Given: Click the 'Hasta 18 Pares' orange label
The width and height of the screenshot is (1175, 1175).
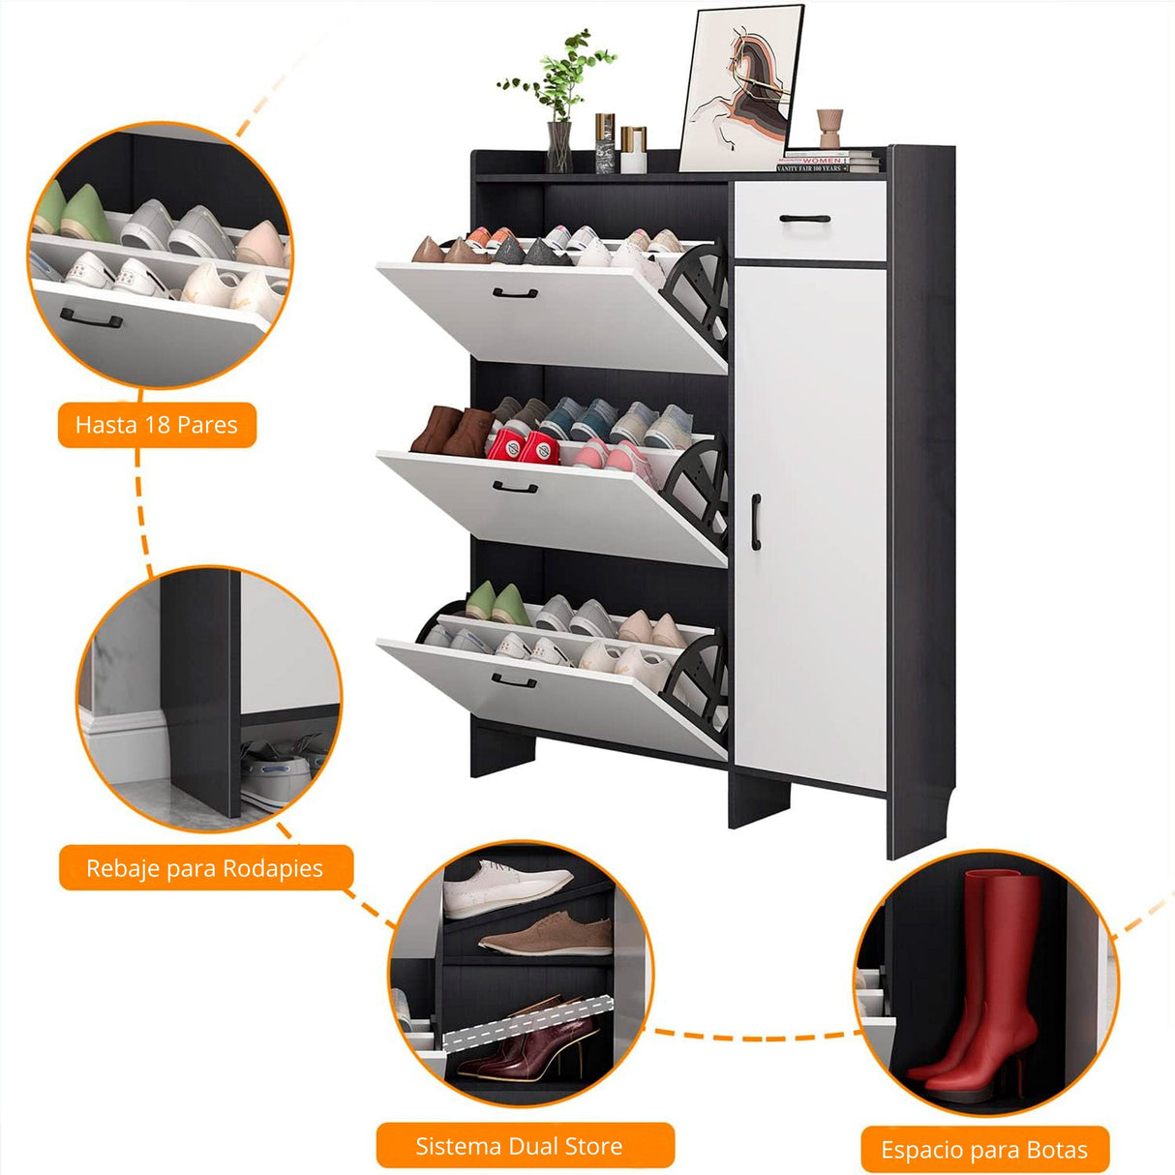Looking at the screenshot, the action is (157, 424).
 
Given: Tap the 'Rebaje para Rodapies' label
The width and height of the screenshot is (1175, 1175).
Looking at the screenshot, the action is (205, 867).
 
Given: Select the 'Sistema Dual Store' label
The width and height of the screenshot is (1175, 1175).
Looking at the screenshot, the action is (525, 1146).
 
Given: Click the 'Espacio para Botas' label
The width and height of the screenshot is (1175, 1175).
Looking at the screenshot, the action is (984, 1150).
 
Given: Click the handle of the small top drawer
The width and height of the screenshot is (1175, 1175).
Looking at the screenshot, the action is (805, 219).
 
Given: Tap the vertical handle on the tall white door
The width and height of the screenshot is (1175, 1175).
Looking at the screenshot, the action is (756, 522).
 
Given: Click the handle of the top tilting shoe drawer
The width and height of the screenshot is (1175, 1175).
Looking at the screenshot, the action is (515, 293).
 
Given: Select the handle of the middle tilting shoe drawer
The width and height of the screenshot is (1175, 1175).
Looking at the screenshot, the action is (515, 487).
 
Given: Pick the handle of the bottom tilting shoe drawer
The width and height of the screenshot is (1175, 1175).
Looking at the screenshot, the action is (513, 680).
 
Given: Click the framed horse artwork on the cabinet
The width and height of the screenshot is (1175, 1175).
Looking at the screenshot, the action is (740, 88).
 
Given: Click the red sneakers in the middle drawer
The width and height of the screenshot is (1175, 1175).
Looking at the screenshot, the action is (524, 447).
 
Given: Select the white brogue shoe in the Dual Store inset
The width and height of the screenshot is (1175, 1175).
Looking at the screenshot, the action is (507, 889).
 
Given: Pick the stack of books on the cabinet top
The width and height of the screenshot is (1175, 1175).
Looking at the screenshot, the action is (828, 161).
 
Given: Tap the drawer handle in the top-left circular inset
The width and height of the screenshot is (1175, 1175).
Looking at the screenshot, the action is (91, 317).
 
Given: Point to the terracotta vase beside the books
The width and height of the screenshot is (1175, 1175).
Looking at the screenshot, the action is (829, 129).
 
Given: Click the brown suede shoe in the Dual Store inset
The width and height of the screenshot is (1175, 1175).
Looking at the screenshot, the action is (546, 933).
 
